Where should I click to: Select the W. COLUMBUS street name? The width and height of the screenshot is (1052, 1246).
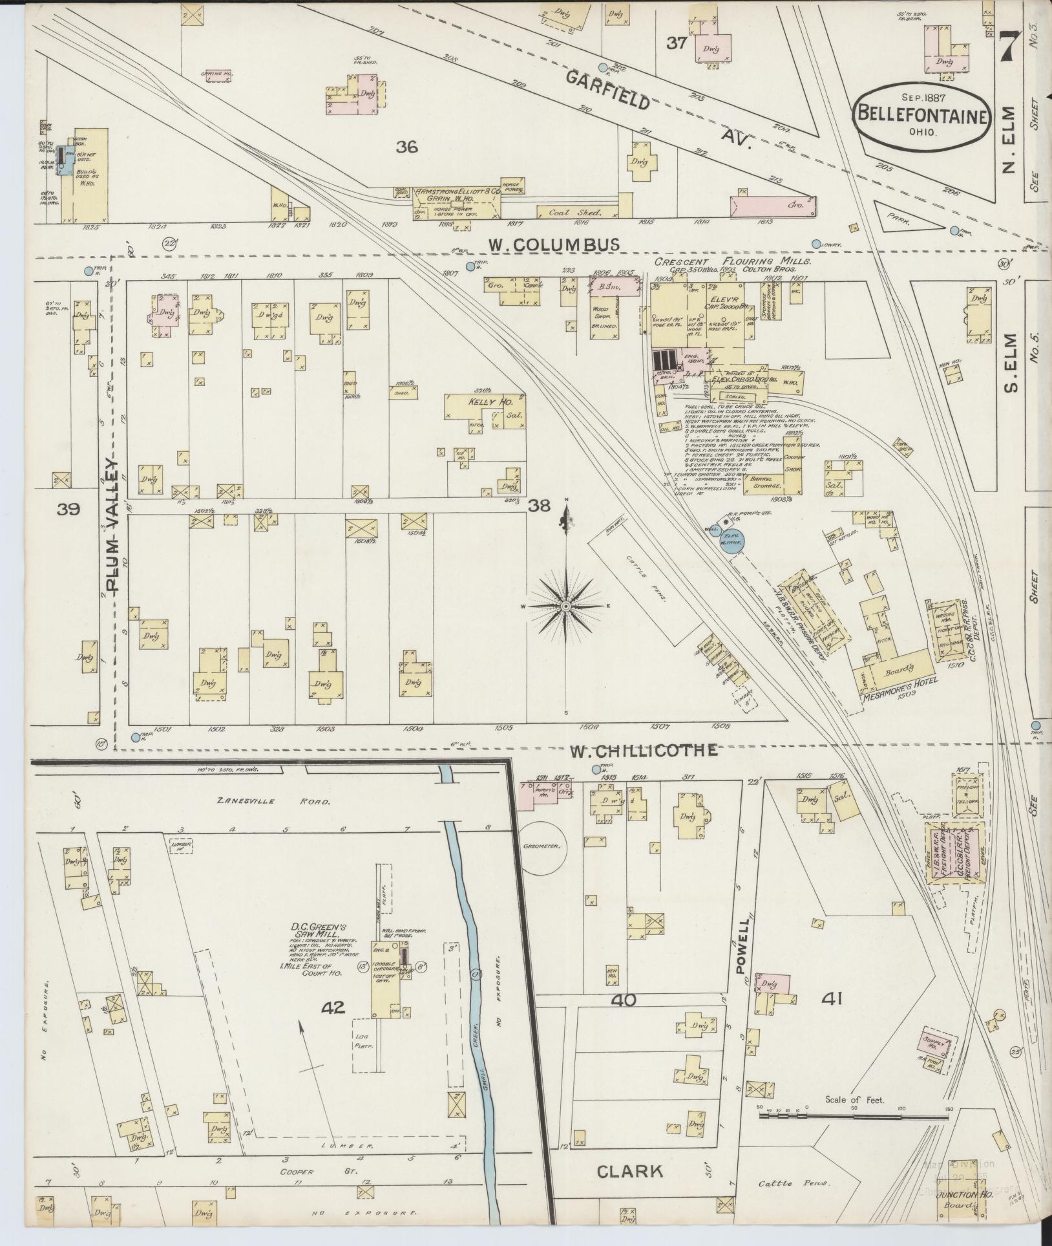(553, 244)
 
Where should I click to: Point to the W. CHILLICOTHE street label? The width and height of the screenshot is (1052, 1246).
(643, 750)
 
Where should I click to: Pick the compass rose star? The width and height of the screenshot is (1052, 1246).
(565, 606)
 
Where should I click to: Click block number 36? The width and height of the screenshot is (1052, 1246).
(406, 147)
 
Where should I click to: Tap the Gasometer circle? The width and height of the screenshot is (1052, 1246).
(543, 845)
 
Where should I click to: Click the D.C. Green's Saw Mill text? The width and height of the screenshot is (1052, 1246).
(312, 933)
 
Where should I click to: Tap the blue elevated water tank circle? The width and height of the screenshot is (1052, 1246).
(732, 540)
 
